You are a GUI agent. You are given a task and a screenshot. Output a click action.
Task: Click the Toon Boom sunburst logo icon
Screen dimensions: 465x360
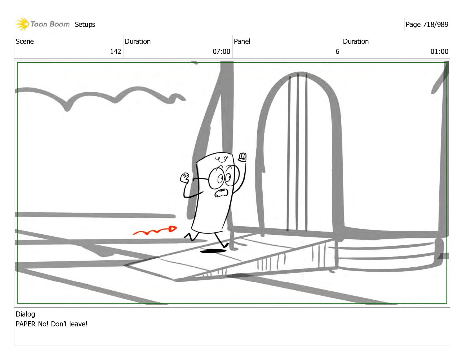click(x=22, y=24)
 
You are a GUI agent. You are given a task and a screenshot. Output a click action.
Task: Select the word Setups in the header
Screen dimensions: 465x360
click(x=85, y=25)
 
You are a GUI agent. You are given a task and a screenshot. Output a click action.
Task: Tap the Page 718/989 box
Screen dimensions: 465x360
click(x=427, y=24)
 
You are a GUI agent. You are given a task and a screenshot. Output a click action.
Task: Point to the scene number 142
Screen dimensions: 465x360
click(x=115, y=51)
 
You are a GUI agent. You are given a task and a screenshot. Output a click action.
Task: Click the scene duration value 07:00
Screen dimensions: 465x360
click(x=221, y=51)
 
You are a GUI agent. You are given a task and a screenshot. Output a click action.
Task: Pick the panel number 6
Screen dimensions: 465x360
click(x=337, y=51)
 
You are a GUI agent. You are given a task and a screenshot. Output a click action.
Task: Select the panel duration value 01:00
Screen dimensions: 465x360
click(x=439, y=51)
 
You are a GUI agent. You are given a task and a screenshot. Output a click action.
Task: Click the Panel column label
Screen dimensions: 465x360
click(x=242, y=41)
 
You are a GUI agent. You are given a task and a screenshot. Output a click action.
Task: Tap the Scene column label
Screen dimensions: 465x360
click(x=25, y=41)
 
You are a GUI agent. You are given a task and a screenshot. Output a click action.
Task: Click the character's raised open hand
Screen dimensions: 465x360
click(x=242, y=157)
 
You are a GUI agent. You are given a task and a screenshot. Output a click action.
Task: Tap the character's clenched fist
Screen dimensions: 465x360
click(x=185, y=178)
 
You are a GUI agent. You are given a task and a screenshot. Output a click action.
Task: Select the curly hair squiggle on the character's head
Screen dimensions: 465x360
click(x=221, y=159)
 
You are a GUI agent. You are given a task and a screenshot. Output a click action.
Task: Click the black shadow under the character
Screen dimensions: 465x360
click(x=213, y=251)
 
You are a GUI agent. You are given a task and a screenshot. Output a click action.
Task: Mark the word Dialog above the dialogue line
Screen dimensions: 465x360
click(x=25, y=314)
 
